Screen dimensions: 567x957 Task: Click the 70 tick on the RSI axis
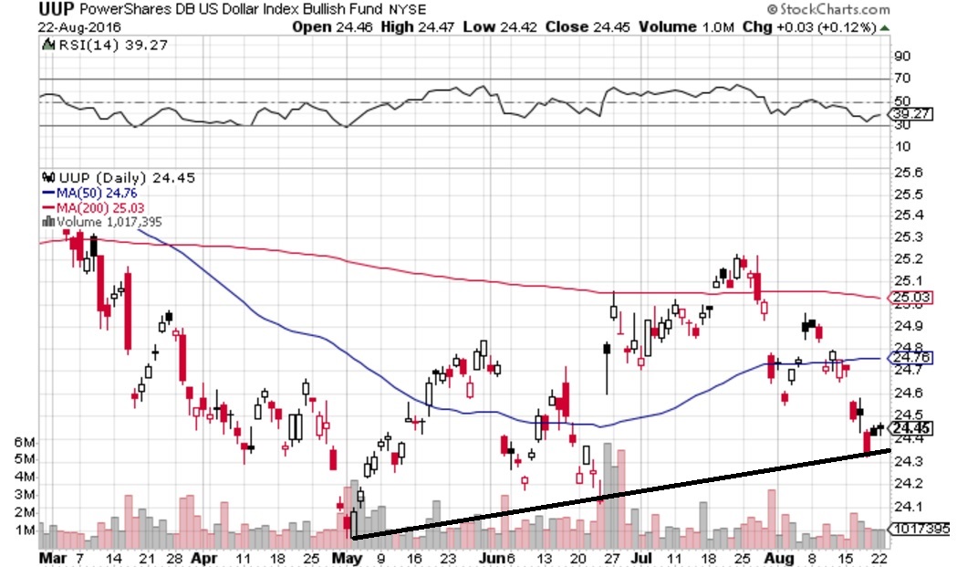point(901,79)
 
